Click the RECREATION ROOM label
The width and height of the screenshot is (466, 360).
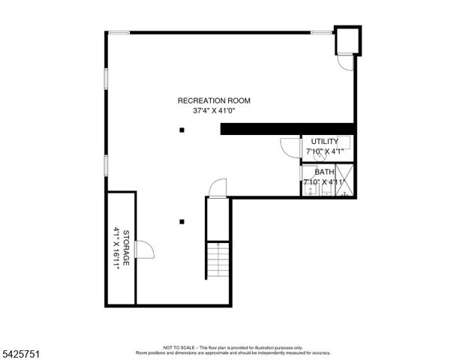click(x=214, y=100)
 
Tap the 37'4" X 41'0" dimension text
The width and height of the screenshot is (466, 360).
click(x=214, y=112)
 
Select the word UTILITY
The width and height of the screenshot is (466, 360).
click(x=324, y=141)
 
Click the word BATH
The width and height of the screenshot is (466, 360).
click(x=324, y=172)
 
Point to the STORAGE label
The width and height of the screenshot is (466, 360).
click(x=127, y=248)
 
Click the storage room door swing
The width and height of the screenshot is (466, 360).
click(x=144, y=249)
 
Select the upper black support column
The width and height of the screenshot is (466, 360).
click(x=182, y=130)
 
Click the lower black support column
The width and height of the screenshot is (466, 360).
click(x=182, y=221)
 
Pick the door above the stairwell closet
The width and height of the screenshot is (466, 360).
click(x=217, y=187)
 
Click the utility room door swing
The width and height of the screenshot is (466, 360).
click(x=290, y=147)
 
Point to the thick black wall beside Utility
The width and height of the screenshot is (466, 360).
click(x=286, y=129)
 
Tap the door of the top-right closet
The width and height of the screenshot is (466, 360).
click(x=344, y=63)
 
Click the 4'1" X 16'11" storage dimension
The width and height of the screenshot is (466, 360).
click(x=117, y=248)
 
